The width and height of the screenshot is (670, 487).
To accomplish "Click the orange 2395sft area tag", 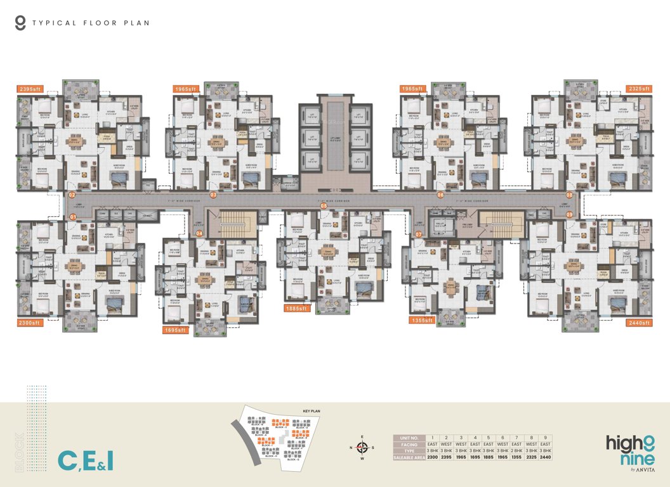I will (30, 89).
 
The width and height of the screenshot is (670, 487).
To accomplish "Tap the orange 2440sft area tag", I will (639, 323).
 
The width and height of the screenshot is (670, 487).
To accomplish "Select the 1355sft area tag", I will (422, 321).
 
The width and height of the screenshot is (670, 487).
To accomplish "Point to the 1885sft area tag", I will (296, 308).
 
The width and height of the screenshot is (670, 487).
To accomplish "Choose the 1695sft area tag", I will (174, 330).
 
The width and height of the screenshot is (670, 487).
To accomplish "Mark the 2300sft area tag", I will (30, 323).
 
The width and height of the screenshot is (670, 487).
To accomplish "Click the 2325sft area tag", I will (639, 89).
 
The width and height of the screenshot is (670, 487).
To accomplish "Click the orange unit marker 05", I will (324, 205).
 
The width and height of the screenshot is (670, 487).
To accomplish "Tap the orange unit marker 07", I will (418, 234).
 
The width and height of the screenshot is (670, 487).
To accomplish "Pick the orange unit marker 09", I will (569, 216).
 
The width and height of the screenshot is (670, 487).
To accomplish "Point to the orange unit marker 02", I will (72, 195).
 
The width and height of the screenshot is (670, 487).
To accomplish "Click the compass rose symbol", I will (362, 447).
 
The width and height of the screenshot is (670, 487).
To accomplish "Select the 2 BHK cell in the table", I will (516, 450).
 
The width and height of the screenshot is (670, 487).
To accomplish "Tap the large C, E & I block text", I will (86, 460).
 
